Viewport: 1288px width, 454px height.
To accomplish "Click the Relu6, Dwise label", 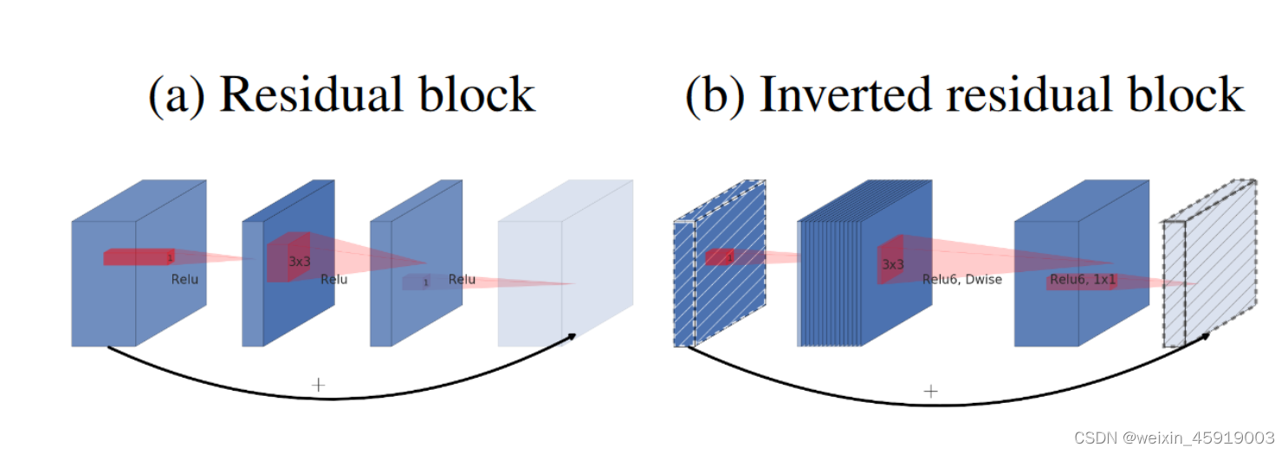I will point(961,279).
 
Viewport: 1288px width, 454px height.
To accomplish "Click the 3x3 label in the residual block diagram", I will point(300,260).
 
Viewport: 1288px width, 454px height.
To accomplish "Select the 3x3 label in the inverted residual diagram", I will point(893,264).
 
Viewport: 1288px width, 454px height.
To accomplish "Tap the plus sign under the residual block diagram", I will point(318,384).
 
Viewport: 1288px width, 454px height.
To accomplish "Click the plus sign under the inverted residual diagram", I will point(930,391).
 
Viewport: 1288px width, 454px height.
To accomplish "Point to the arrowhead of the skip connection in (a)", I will point(572,337).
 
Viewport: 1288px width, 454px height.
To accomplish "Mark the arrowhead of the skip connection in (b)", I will point(1205,337).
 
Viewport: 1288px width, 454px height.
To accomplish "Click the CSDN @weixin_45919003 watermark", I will point(1173,438).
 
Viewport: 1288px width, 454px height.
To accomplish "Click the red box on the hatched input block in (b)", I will point(720,257).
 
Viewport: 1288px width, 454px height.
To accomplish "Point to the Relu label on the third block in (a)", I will point(462,279).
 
